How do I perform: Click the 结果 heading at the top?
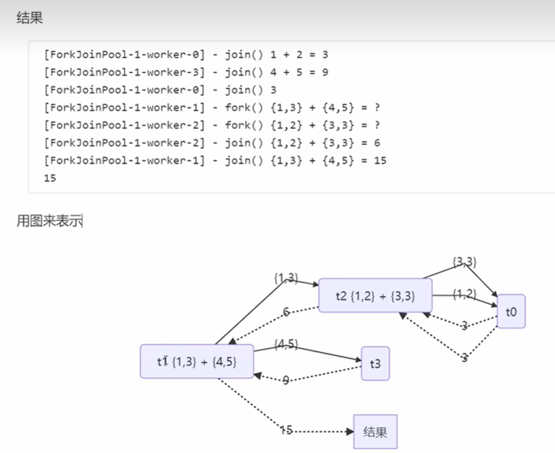[x=30, y=18]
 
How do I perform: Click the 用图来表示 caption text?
[x=49, y=221]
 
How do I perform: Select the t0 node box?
[x=511, y=312]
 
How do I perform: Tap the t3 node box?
[x=375, y=363]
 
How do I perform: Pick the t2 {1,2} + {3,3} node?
[x=375, y=296]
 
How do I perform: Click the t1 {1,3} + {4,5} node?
[x=197, y=361]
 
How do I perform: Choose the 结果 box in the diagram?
[x=375, y=431]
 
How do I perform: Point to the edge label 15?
[x=286, y=430]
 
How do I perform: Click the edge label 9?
[x=286, y=380]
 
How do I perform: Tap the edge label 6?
[x=286, y=312]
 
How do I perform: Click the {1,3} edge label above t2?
[x=286, y=278]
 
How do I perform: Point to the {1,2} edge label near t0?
[x=465, y=294]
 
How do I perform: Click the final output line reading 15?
[x=50, y=178]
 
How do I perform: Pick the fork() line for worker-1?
[x=212, y=108]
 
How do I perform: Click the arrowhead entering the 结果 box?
[x=351, y=431]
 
